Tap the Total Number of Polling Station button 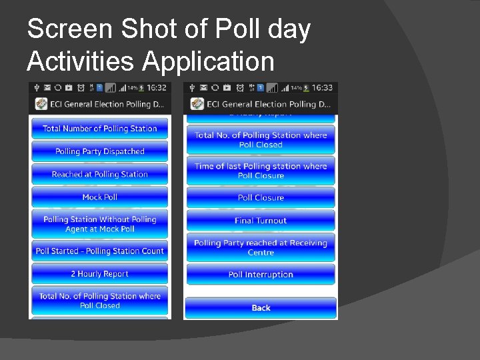click(x=99, y=129)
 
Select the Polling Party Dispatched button click(x=99, y=151)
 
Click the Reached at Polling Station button click(x=99, y=174)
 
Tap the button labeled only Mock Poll click(x=99, y=197)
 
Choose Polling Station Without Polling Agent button click(x=99, y=224)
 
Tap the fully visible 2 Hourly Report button click(x=99, y=273)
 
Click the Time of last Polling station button click(x=261, y=171)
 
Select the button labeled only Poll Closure click(x=261, y=197)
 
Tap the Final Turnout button click(x=261, y=220)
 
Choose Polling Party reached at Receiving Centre click(x=261, y=247)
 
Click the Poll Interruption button click(x=261, y=274)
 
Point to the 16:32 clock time click(x=157, y=87)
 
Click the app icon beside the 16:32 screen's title click(x=40, y=104)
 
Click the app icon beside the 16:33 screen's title click(x=197, y=104)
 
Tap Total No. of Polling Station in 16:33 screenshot click(x=261, y=139)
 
